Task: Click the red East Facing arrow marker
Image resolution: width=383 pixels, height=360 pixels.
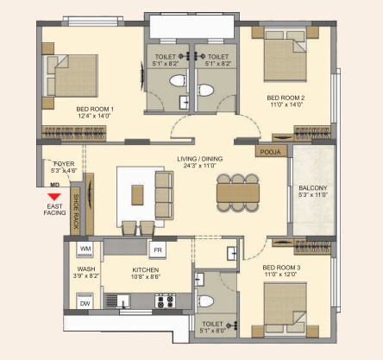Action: click(54, 197)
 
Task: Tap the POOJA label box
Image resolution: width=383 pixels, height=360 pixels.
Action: click(271, 151)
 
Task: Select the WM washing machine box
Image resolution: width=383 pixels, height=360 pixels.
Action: click(85, 249)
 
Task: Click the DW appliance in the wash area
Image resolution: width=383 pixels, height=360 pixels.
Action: click(85, 302)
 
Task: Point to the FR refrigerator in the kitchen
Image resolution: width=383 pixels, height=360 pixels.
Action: click(158, 249)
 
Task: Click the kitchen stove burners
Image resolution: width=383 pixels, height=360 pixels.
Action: click(166, 300)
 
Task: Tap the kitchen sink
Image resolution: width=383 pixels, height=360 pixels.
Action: click(118, 301)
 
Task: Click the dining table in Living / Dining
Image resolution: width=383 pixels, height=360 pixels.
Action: click(238, 193)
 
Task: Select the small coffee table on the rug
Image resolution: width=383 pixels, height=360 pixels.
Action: click(137, 195)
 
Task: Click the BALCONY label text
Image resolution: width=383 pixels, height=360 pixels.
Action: click(313, 188)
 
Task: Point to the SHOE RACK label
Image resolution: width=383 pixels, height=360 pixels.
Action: click(76, 212)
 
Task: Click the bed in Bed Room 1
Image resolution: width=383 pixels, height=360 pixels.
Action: click(71, 76)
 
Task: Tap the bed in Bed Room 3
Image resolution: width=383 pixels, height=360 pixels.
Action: click(286, 308)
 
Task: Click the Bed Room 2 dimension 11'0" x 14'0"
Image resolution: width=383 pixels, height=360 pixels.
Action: click(286, 104)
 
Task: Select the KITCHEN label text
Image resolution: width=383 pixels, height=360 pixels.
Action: click(146, 270)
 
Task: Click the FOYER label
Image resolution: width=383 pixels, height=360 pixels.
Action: click(64, 164)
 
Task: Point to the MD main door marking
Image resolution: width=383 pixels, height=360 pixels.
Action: click(54, 185)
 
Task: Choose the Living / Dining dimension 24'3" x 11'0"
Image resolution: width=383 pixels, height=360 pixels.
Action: click(200, 166)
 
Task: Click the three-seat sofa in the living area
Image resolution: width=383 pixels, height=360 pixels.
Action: click(164, 195)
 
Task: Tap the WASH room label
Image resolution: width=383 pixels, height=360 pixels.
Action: click(86, 269)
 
